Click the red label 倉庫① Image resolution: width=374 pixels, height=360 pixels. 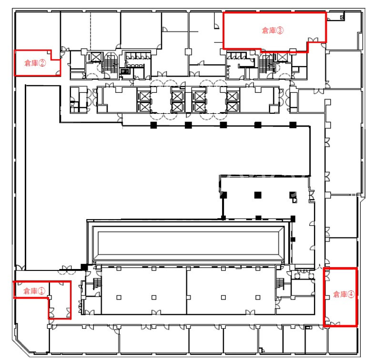point(34,291)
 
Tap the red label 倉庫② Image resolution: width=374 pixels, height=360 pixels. point(35,63)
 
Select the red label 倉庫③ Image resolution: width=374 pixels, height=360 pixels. point(273,30)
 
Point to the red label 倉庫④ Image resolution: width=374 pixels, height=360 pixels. point(344,294)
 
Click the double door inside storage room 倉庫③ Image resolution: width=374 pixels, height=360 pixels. point(313,40)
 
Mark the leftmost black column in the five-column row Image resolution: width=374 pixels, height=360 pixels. point(153,125)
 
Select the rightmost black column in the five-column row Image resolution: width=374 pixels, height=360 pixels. point(293,125)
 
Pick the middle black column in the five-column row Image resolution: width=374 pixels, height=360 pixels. point(223,125)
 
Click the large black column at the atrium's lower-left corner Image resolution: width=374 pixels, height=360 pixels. point(84,267)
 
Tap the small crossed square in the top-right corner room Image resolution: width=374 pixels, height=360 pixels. point(342,17)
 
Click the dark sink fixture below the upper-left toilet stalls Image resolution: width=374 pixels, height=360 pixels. point(124,71)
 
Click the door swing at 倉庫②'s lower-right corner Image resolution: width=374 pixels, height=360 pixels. point(58,73)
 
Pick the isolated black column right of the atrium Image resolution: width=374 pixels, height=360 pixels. point(293,239)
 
